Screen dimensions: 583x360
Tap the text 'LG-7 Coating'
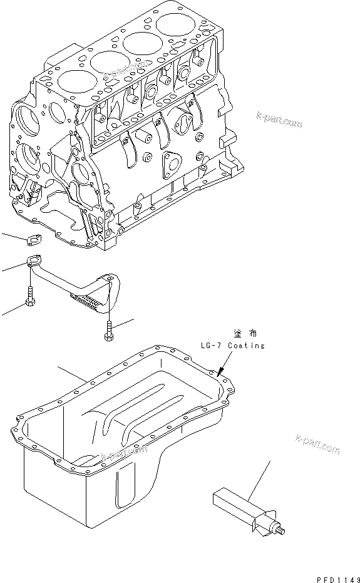232,345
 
